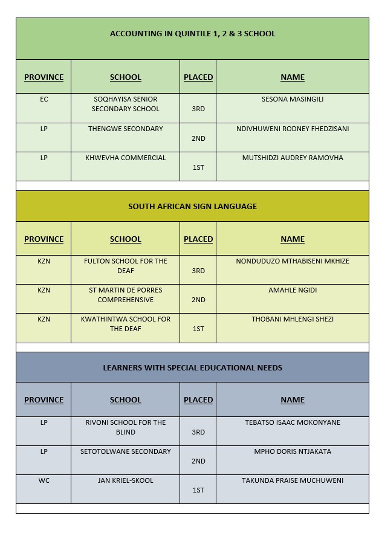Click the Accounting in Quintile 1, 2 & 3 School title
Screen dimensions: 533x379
(x=192, y=34)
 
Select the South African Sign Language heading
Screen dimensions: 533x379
(x=192, y=207)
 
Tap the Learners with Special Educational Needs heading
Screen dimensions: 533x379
(x=192, y=368)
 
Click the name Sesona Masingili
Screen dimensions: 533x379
(x=293, y=100)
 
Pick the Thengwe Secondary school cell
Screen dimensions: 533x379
(x=126, y=129)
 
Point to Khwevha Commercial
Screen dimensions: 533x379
(x=126, y=158)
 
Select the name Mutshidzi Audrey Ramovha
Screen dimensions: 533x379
(x=293, y=158)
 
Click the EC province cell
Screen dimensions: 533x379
(x=44, y=100)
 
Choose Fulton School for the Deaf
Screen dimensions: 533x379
(x=126, y=266)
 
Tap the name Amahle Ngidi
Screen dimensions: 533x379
(x=293, y=290)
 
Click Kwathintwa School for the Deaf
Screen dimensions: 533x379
(x=126, y=324)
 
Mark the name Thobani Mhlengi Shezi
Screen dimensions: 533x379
(x=293, y=319)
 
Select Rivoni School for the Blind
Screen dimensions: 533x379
(x=126, y=427)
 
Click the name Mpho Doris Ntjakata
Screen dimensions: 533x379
(x=293, y=451)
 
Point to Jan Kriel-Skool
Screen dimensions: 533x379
(x=126, y=480)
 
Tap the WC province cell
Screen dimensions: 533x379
(x=44, y=480)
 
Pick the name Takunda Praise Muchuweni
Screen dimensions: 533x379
(x=293, y=480)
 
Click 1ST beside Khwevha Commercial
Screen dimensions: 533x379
(x=198, y=167)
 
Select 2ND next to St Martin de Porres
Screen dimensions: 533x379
(x=198, y=300)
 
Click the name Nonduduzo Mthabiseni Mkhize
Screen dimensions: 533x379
(x=293, y=261)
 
